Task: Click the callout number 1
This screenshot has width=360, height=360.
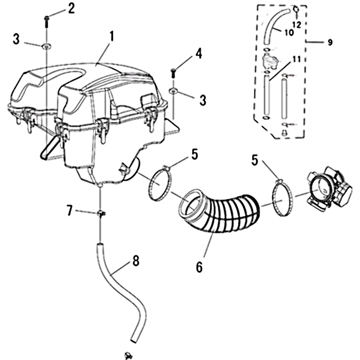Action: pyautogui.click(x=112, y=37)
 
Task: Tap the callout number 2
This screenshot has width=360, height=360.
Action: pyautogui.click(x=72, y=9)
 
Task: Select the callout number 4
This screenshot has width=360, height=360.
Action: pyautogui.click(x=199, y=54)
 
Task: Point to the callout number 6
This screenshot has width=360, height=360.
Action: pyautogui.click(x=199, y=266)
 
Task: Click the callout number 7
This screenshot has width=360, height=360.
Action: pyautogui.click(x=70, y=211)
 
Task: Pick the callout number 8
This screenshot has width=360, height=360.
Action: pyautogui.click(x=136, y=261)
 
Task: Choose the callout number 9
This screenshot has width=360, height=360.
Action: pyautogui.click(x=330, y=42)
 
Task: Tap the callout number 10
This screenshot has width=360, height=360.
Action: pyautogui.click(x=289, y=32)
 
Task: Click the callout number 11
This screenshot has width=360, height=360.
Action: pyautogui.click(x=297, y=59)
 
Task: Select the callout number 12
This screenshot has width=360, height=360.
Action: pyautogui.click(x=297, y=25)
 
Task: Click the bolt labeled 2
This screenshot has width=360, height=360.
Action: pyautogui.click(x=47, y=22)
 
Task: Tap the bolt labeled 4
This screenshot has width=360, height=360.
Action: pyautogui.click(x=173, y=72)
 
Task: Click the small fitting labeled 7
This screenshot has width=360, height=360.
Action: pyautogui.click(x=101, y=213)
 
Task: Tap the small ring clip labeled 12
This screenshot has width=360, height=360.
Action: pyautogui.click(x=296, y=9)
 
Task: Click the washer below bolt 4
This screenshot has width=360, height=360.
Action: pyautogui.click(x=173, y=91)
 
